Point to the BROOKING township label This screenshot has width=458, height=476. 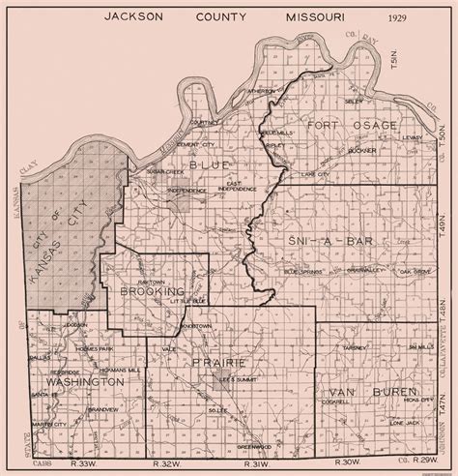153,290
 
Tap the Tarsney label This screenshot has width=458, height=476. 357,344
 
